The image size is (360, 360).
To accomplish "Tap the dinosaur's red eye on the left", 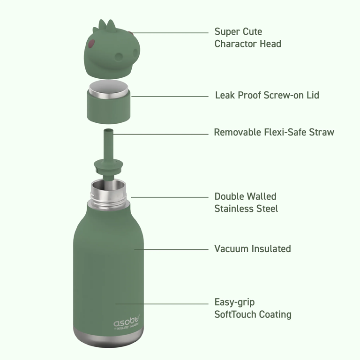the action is coord(91,44).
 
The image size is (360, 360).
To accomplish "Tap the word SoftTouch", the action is coord(235,315).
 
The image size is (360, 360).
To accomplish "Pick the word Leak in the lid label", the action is coord(225,95).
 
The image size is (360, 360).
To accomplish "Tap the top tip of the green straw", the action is coord(108,129).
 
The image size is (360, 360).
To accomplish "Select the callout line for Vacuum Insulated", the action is coord(171,249).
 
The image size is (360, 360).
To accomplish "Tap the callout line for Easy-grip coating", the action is coord(162,304).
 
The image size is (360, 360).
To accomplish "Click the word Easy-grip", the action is coord(234,303).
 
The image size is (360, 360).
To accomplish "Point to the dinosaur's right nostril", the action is coord(135,53).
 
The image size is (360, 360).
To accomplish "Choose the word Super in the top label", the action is coord(225,32).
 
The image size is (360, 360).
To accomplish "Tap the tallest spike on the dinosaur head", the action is coord(111,25).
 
